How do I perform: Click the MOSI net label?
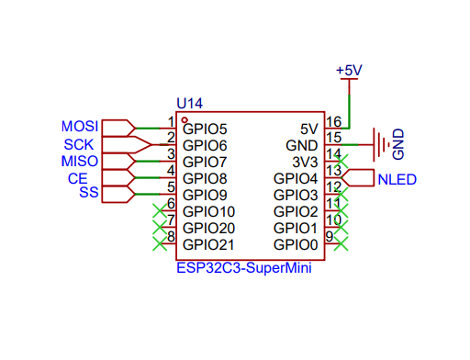[x=79, y=126]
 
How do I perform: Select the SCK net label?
[x=77, y=144]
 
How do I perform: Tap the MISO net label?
[x=79, y=161]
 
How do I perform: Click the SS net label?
[x=88, y=193]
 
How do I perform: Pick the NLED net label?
[x=397, y=179]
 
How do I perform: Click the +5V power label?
[x=349, y=71]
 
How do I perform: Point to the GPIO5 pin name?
[x=205, y=129]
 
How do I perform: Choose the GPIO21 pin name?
[x=209, y=245]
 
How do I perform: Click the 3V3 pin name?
[x=302, y=162]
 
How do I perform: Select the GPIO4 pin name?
[x=296, y=178]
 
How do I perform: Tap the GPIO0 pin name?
[x=296, y=245]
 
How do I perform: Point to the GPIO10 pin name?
[x=209, y=212]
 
